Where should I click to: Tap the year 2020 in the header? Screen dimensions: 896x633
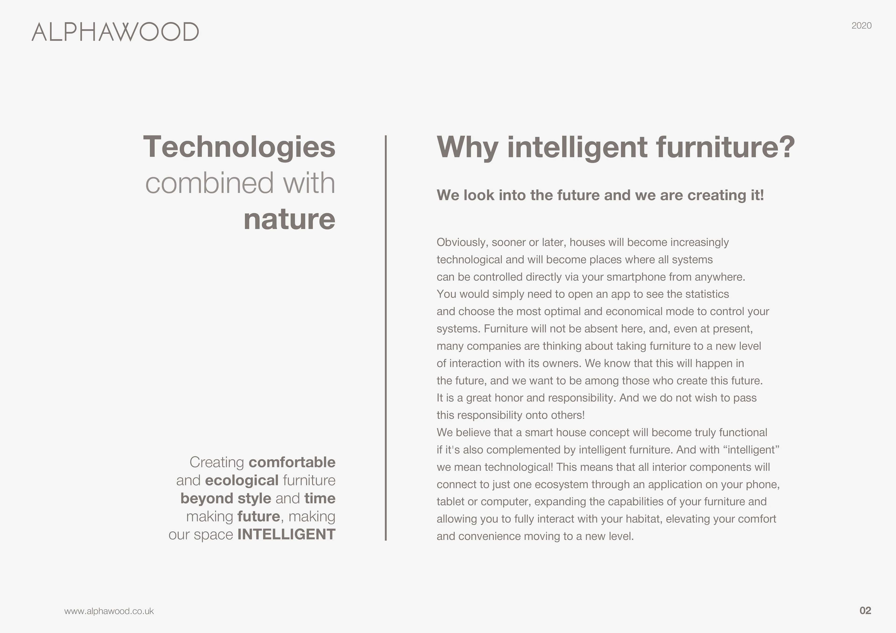(x=861, y=26)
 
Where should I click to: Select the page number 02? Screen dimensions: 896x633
(x=865, y=610)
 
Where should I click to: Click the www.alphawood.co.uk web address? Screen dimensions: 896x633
(x=109, y=611)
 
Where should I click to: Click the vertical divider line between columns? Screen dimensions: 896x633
(x=385, y=338)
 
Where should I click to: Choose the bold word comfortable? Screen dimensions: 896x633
(x=292, y=462)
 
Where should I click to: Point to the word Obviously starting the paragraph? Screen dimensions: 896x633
(x=462, y=242)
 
